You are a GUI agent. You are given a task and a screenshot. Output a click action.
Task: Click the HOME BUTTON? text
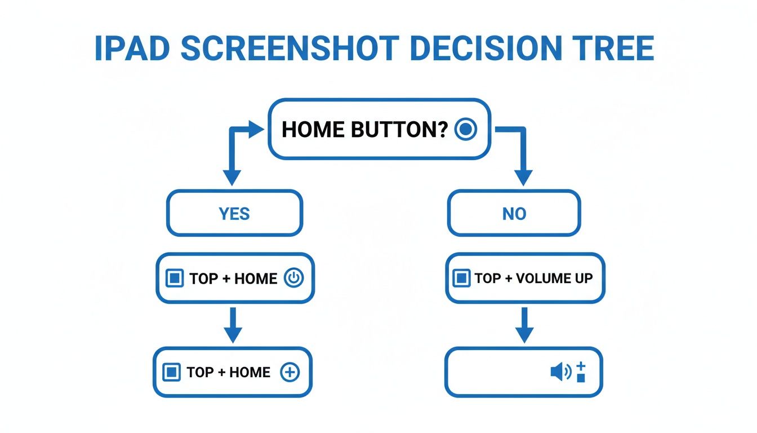click(x=364, y=130)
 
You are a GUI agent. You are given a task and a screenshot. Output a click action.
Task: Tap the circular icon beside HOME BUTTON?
click(x=465, y=130)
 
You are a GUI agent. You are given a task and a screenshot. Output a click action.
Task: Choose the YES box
click(x=234, y=214)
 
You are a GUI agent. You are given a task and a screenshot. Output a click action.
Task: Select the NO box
click(x=514, y=214)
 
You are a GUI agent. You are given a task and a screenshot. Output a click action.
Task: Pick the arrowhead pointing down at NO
click(x=524, y=177)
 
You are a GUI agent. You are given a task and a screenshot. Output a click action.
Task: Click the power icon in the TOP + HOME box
click(x=293, y=278)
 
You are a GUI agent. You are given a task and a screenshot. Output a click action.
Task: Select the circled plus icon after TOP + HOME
click(x=290, y=372)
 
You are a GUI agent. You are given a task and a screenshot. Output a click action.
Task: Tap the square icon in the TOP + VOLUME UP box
click(x=461, y=278)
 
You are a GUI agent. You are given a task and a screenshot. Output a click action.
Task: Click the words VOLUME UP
click(x=554, y=278)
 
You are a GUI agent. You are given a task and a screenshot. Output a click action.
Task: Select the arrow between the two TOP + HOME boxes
click(x=233, y=325)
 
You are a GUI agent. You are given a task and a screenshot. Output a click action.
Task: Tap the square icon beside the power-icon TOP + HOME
click(x=175, y=278)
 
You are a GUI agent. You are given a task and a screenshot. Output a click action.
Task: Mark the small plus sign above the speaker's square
click(x=581, y=365)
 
